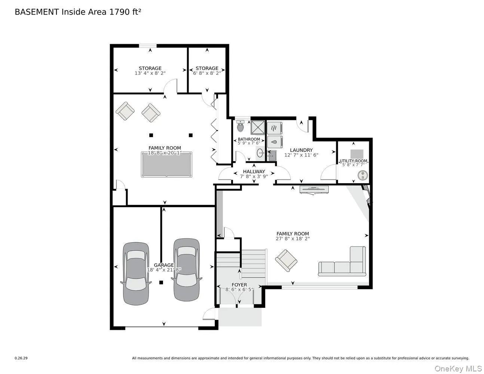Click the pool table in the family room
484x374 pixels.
pos(166,165)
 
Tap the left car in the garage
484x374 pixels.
pos(136,273)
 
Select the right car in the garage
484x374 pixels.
pos(187,269)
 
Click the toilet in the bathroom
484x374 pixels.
pos(241,126)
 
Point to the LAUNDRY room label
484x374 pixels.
pos(301,150)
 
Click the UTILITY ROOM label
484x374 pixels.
pos(353,161)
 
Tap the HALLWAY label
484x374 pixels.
pos(254,171)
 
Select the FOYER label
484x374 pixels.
pos(239,285)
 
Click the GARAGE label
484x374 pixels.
pos(164,265)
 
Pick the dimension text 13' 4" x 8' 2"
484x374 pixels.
pos(150,73)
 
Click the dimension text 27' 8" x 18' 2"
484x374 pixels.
pos(292,239)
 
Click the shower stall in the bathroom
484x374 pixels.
pos(258,127)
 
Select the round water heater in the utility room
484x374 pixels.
pos(362,175)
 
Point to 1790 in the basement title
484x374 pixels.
pos(118,12)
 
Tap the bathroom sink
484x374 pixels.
pos(260,153)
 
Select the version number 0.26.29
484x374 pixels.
pos(21,358)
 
